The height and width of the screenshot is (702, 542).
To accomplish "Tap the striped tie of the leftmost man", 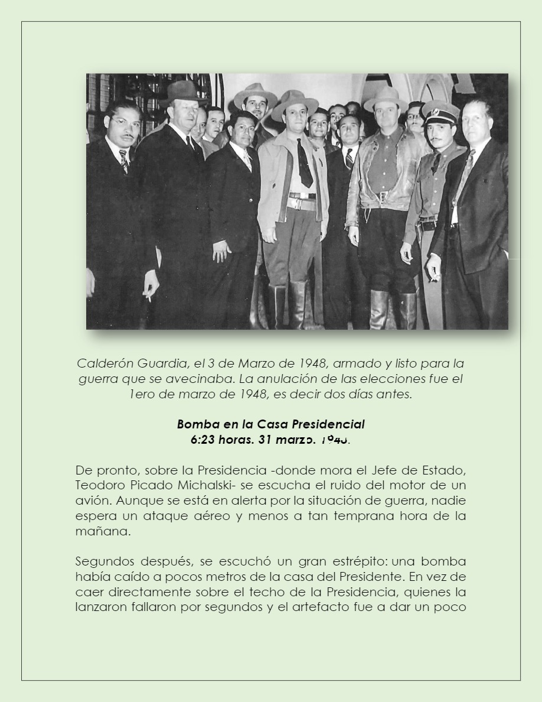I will point(123,160).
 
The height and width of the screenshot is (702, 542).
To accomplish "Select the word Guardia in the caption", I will point(159,363).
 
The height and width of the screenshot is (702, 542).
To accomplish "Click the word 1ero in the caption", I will point(142,394).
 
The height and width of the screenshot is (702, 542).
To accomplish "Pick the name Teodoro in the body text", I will point(99,486).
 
